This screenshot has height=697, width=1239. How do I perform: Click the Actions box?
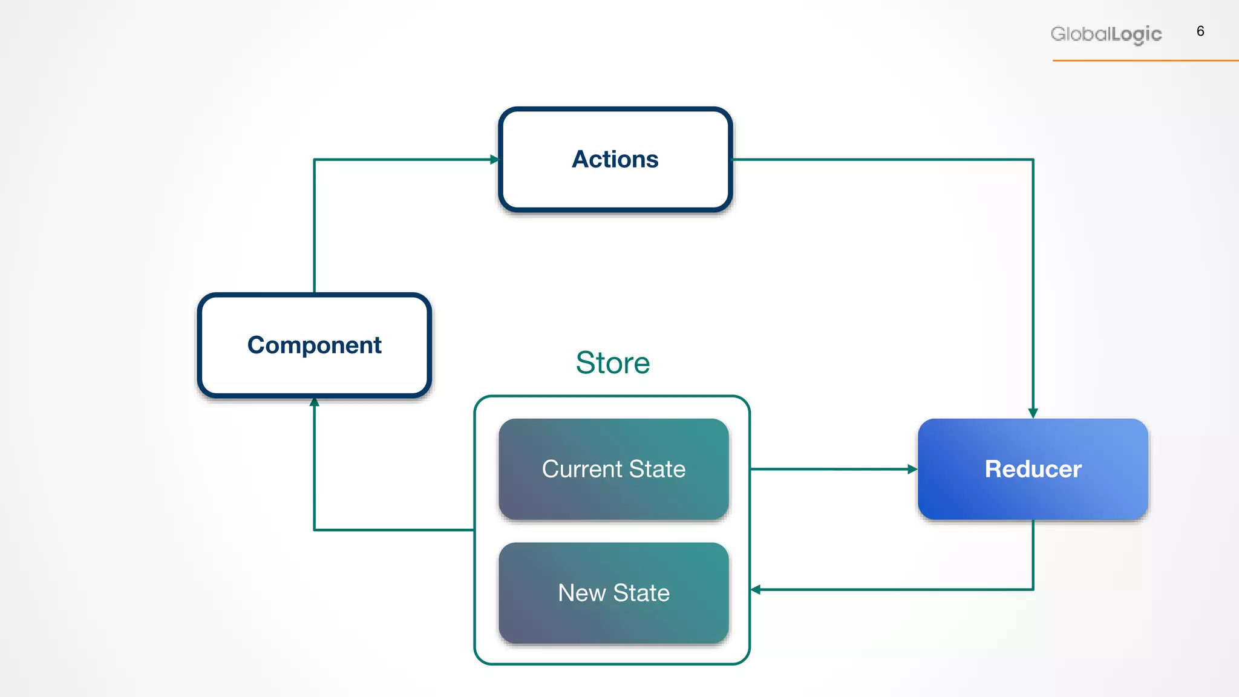[x=615, y=160]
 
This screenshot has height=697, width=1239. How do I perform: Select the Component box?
[x=314, y=345]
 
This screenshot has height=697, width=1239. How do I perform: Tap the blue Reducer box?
[x=1033, y=469]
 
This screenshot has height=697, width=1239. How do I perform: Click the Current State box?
[x=613, y=469]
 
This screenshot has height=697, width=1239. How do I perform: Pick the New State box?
[x=613, y=592]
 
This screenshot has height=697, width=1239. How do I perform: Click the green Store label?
[x=612, y=363]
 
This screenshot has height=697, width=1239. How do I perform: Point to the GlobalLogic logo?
[x=1106, y=34]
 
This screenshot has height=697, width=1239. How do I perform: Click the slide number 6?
[x=1200, y=31]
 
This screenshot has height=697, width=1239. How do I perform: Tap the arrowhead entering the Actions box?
[x=494, y=160]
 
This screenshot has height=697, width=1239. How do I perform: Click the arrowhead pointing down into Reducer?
[x=1033, y=413]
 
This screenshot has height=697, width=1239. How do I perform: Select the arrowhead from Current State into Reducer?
[x=912, y=469]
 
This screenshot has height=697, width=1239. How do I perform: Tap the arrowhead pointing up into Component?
[x=314, y=402]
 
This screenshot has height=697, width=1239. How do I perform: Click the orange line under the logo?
[x=1143, y=61]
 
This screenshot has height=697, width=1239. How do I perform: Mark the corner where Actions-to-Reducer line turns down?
[x=1033, y=160]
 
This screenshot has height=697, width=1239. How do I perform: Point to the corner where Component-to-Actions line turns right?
[x=314, y=160]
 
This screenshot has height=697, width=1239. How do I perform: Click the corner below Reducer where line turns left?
[x=1033, y=589]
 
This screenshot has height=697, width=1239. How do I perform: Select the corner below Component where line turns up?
[x=314, y=530]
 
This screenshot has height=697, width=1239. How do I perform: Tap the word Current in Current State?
[x=582, y=470]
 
